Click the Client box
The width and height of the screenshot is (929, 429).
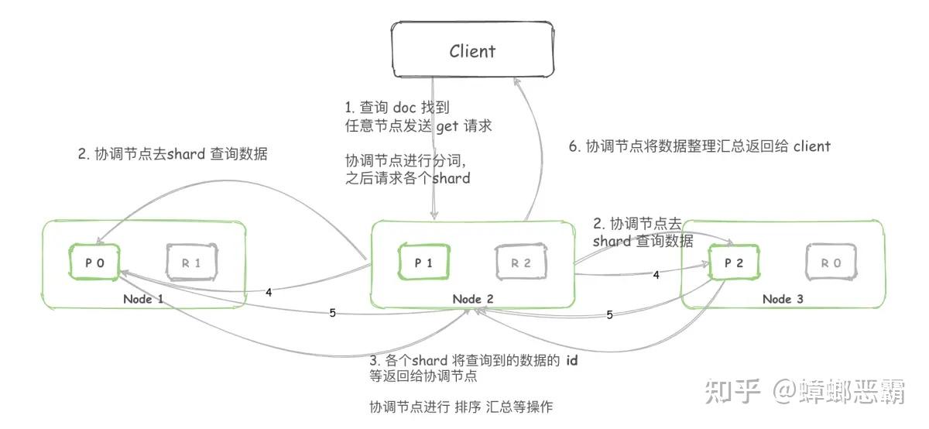pos(472,51)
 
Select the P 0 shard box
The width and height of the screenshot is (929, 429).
pos(92,263)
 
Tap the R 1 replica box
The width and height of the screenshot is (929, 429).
pos(192,263)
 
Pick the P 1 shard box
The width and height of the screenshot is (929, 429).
pos(423,263)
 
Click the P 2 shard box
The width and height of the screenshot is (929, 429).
pos(734,263)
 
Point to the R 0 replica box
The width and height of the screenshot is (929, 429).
pos(831,263)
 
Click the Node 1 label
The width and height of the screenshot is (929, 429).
pos(143,299)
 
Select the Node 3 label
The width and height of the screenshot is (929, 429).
pos(783,299)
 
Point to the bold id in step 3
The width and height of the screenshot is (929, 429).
pos(572,361)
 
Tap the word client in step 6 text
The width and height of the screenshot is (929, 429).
pos(811,146)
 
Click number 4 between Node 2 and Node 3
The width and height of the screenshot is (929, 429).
pos(656,275)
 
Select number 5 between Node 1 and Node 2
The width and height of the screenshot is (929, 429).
pos(332,314)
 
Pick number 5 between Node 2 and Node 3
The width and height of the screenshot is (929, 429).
pos(609,315)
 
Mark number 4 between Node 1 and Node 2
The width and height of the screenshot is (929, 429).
pos(268,293)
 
